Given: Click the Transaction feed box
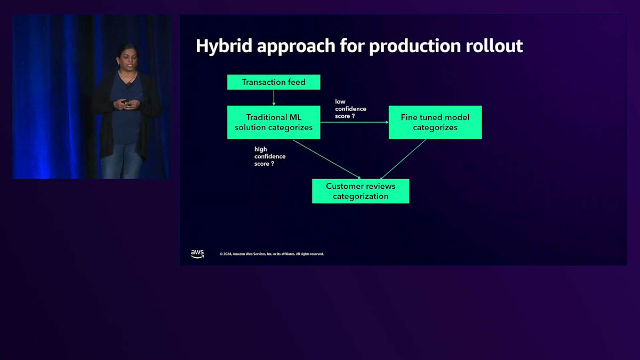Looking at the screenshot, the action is (274, 82).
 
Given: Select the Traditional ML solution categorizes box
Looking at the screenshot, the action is (274, 122).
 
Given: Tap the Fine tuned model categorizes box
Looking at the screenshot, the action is (435, 122).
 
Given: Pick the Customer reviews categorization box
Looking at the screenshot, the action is (361, 191).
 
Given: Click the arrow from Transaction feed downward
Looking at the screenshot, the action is (274, 98).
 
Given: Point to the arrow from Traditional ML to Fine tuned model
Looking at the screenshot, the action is (354, 122).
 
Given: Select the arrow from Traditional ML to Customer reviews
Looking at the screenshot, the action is (327, 159).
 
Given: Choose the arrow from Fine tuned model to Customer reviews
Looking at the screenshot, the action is (403, 159).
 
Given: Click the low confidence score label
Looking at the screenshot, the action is (350, 109).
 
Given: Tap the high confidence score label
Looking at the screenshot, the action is (270, 156).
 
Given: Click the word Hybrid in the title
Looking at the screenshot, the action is (223, 46).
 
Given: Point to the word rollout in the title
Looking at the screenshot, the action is (494, 46).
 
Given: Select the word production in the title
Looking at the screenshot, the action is (415, 46).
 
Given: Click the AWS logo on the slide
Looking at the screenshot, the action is (197, 254).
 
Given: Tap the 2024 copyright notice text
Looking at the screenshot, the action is (271, 254).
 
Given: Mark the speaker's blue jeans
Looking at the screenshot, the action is (122, 162).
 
